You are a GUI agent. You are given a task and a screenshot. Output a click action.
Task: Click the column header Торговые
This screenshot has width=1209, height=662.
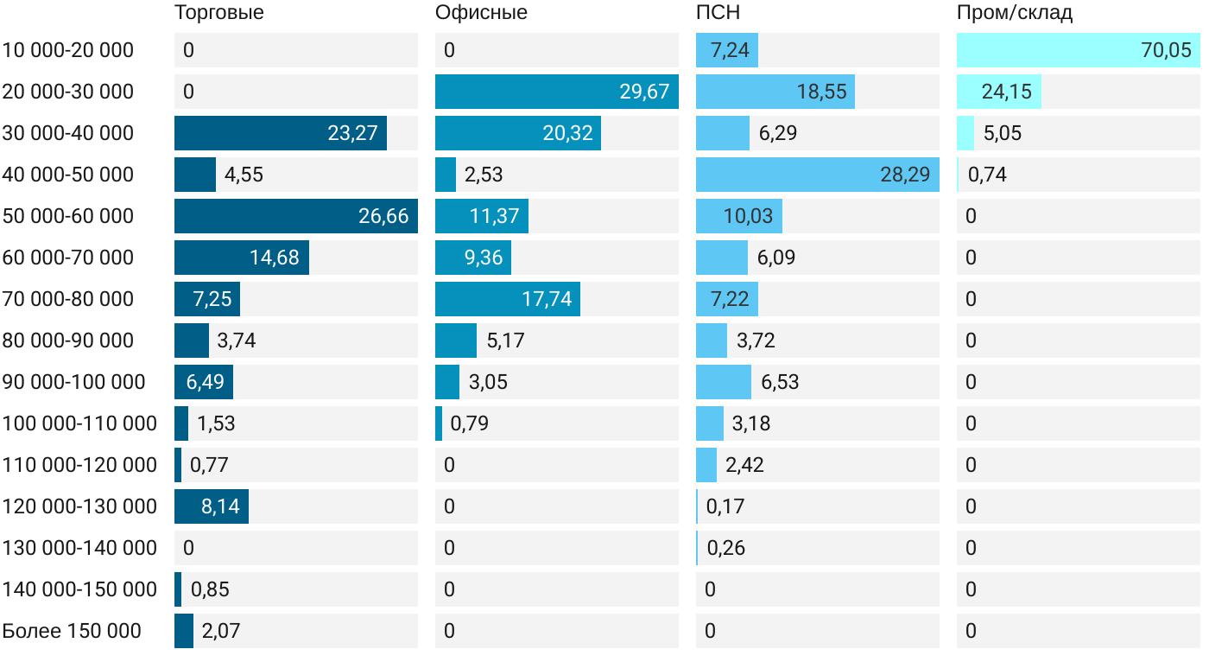(x=218, y=13)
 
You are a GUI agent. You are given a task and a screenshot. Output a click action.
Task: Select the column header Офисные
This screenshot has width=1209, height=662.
(x=481, y=13)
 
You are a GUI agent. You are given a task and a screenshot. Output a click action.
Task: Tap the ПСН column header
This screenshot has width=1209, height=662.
(x=718, y=13)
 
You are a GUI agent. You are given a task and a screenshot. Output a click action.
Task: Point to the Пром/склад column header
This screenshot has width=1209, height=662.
(x=1015, y=13)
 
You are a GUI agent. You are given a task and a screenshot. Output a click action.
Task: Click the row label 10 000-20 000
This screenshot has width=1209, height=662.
(x=68, y=50)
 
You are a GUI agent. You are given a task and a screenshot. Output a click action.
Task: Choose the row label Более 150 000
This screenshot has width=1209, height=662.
(x=72, y=631)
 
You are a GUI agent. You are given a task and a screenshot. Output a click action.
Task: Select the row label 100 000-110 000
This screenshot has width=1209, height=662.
(x=79, y=423)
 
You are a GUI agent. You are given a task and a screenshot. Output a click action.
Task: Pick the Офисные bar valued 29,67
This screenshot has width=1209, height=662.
(x=556, y=92)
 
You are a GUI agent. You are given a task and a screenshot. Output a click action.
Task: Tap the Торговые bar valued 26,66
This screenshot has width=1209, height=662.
(x=295, y=216)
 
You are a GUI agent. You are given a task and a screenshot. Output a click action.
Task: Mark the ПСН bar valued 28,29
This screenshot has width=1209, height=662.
(x=817, y=175)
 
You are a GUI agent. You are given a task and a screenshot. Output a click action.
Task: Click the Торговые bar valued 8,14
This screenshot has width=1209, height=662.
(x=211, y=506)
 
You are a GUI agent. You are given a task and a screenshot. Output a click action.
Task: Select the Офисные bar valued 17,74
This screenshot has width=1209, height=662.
(x=507, y=299)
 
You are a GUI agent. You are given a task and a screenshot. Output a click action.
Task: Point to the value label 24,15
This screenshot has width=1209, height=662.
(x=1006, y=92)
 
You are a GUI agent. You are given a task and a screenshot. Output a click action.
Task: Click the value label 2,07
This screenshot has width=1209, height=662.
(x=221, y=631)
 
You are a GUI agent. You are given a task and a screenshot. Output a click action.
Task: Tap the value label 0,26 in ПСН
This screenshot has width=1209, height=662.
(x=726, y=548)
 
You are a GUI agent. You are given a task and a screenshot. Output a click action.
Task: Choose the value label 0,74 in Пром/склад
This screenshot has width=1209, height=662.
(x=987, y=175)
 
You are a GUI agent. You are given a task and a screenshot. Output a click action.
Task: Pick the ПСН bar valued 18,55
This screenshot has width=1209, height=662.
(x=775, y=92)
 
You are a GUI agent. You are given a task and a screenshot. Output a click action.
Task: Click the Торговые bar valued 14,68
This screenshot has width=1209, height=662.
(x=241, y=258)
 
